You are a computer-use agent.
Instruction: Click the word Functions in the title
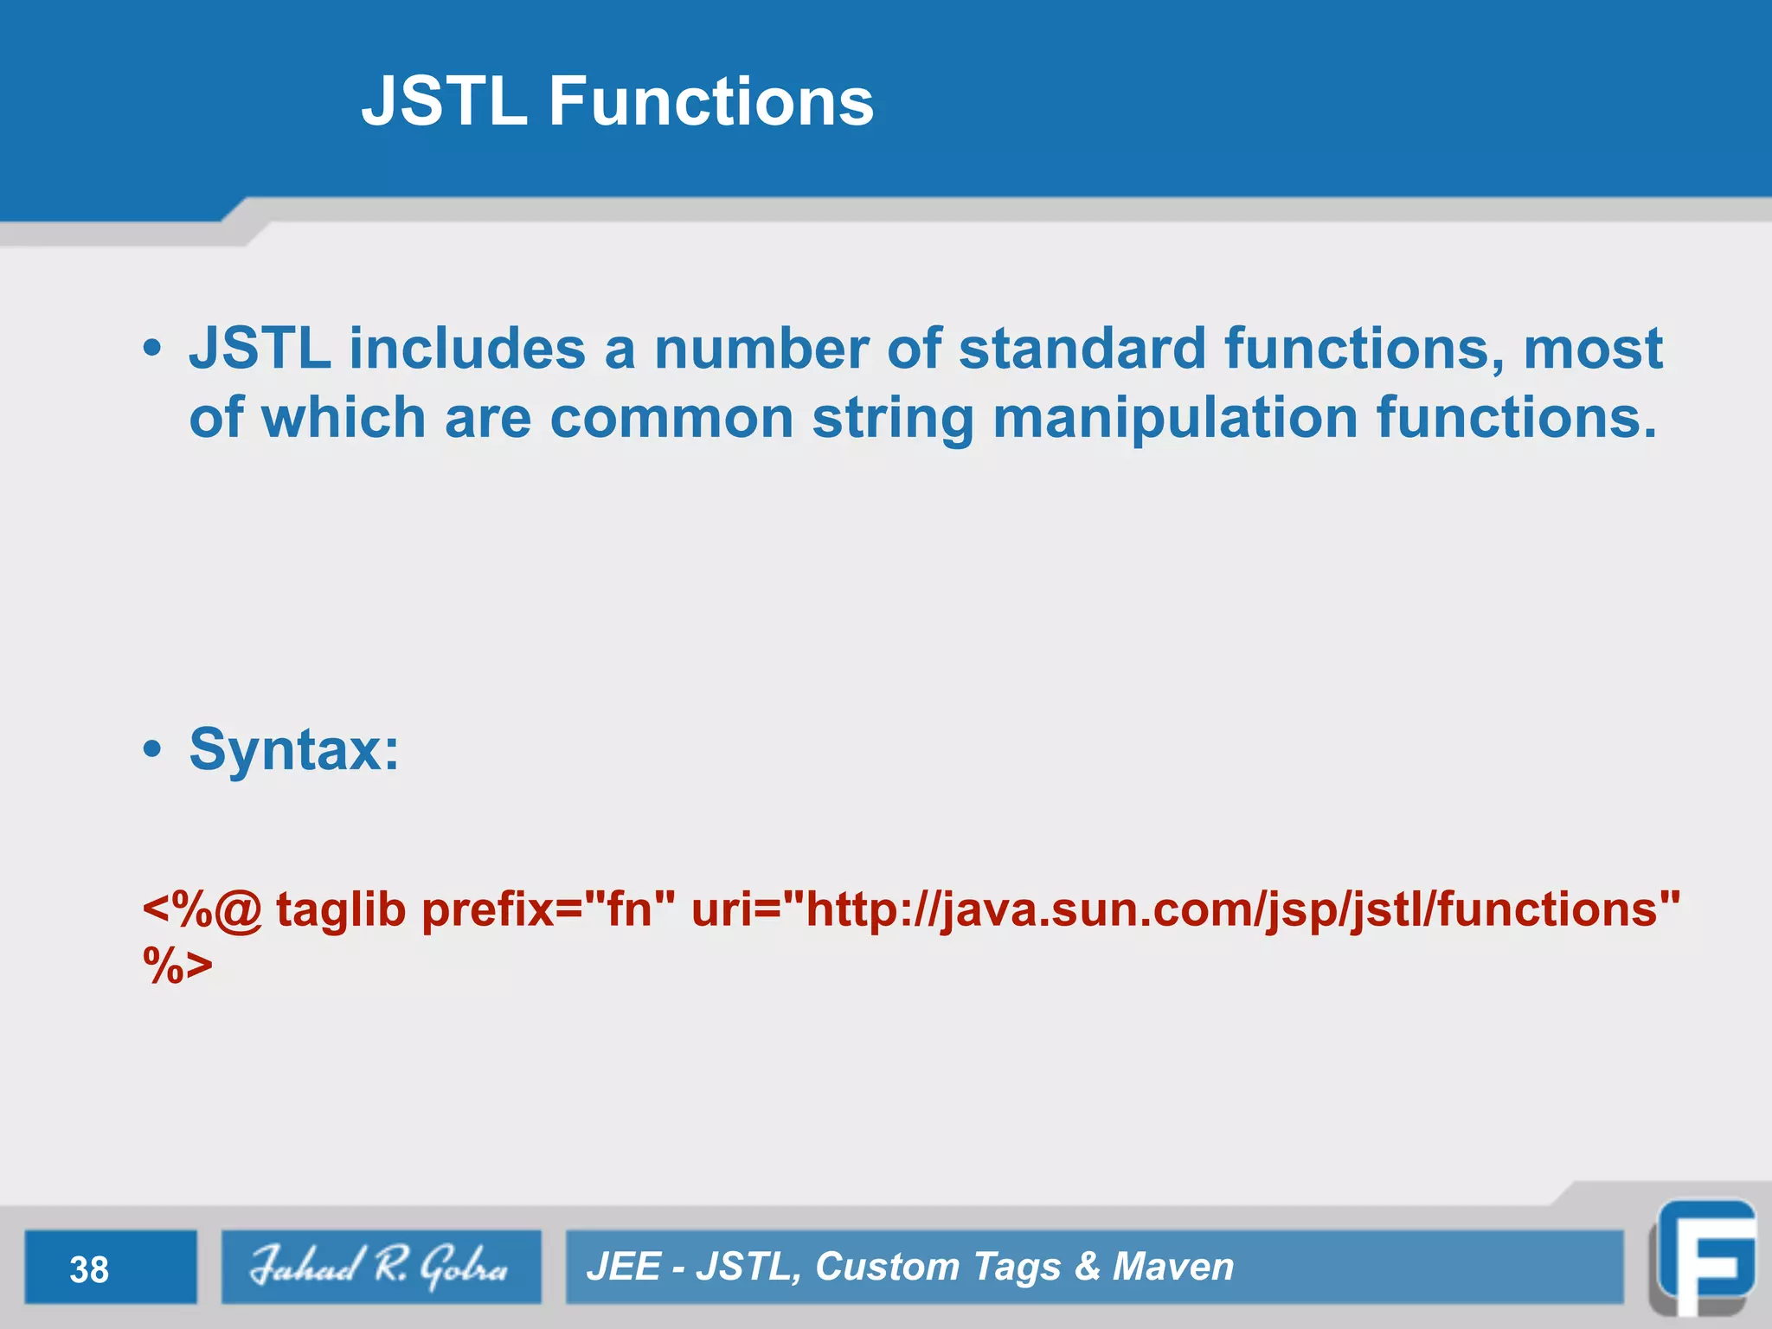coord(710,101)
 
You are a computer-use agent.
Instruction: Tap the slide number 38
coord(89,1269)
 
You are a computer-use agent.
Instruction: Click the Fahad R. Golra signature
coord(380,1266)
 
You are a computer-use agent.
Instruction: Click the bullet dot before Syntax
coord(152,750)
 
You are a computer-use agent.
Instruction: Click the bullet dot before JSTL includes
coord(152,350)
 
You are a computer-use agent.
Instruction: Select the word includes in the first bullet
coord(466,349)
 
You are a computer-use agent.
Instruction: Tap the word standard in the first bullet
coord(1082,349)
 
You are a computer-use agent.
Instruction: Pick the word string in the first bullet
coord(892,420)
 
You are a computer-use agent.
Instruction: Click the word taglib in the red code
coord(341,909)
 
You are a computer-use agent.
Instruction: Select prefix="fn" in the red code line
coord(548,909)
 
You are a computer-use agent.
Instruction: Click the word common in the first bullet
coord(671,418)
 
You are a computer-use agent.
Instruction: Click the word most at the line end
coord(1592,349)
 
